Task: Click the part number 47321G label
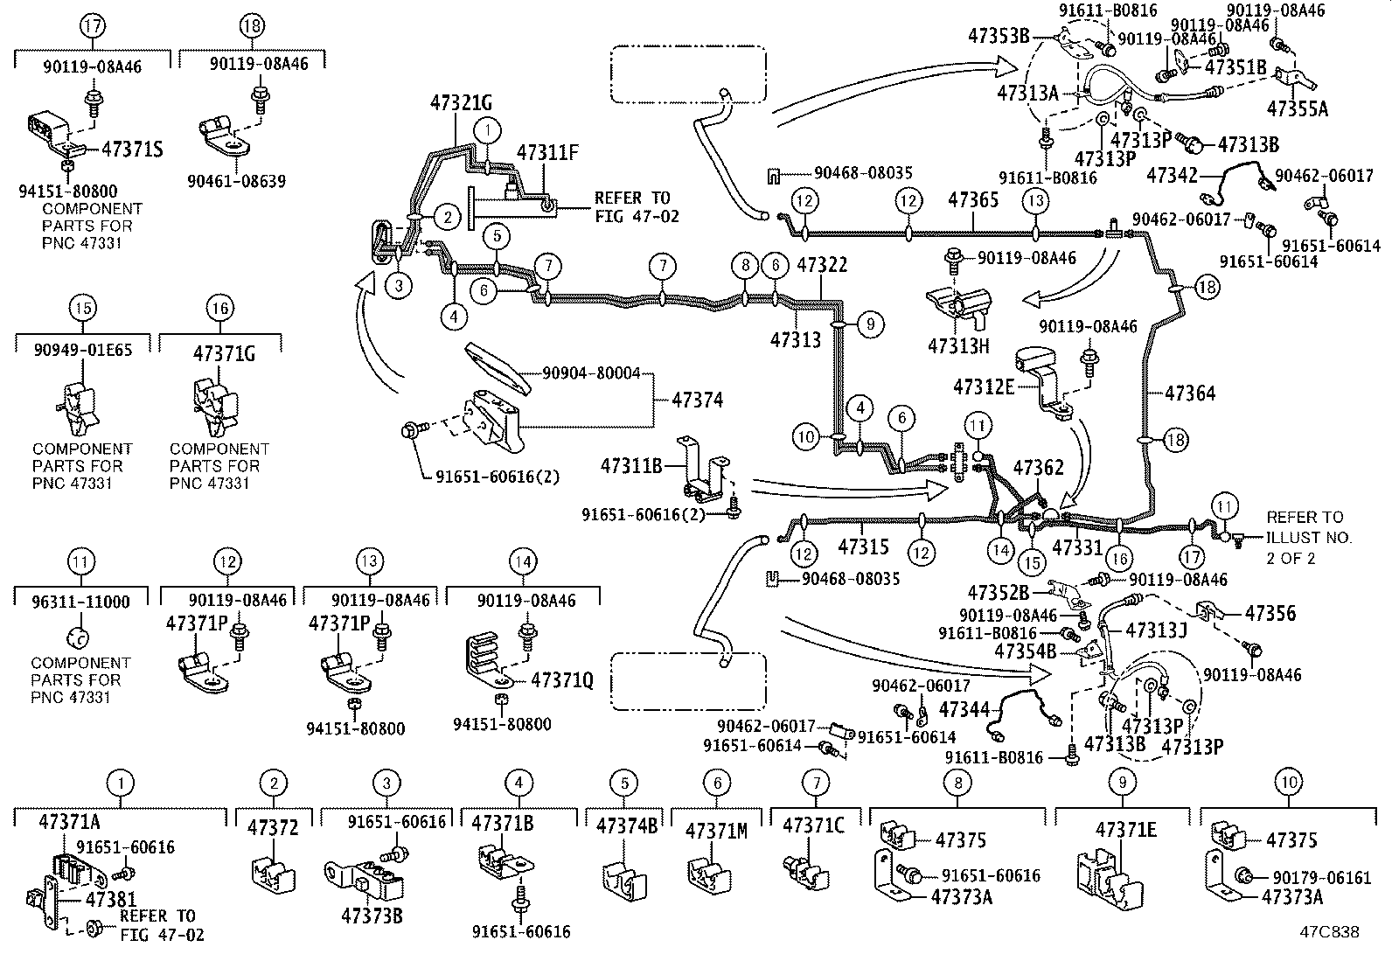tap(460, 102)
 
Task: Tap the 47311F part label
tap(547, 153)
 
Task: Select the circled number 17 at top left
tap(92, 26)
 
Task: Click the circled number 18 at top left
tap(252, 26)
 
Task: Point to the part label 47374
tap(697, 400)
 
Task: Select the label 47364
tap(1190, 394)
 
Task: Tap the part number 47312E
tap(984, 386)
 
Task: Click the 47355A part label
tap(1297, 108)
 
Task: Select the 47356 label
tap(1270, 613)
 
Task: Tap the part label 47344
tap(964, 709)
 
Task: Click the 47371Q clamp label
tap(562, 679)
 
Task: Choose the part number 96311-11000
tap(80, 602)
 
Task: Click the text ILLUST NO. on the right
tap(1309, 537)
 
